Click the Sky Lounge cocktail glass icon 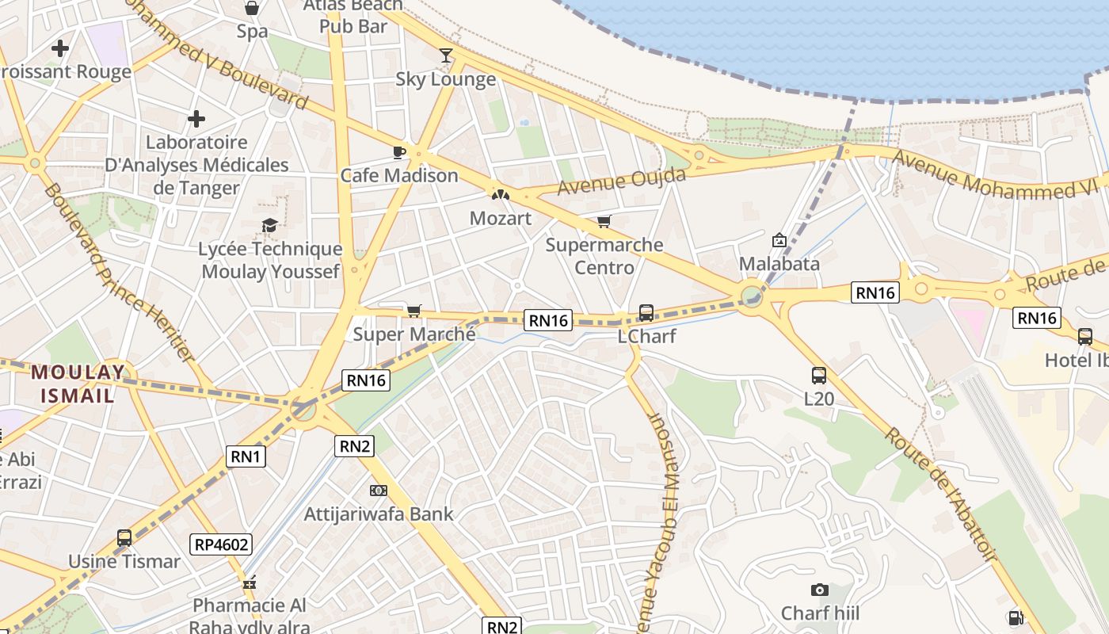point(446,55)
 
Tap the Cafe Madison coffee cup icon point(399,151)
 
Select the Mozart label point(501,218)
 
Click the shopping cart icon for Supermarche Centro point(604,221)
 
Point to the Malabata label point(779,263)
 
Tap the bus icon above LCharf point(646,313)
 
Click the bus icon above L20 point(819,376)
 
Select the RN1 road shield point(246,456)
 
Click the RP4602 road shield point(222,544)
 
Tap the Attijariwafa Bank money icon point(379,491)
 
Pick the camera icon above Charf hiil point(820,590)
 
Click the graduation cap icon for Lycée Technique point(270,226)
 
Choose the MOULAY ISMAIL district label point(78,384)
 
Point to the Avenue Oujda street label point(622,181)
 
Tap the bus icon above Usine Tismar point(124,538)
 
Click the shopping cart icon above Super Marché point(413,311)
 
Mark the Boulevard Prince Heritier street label point(119,271)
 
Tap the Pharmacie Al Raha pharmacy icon point(250,582)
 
